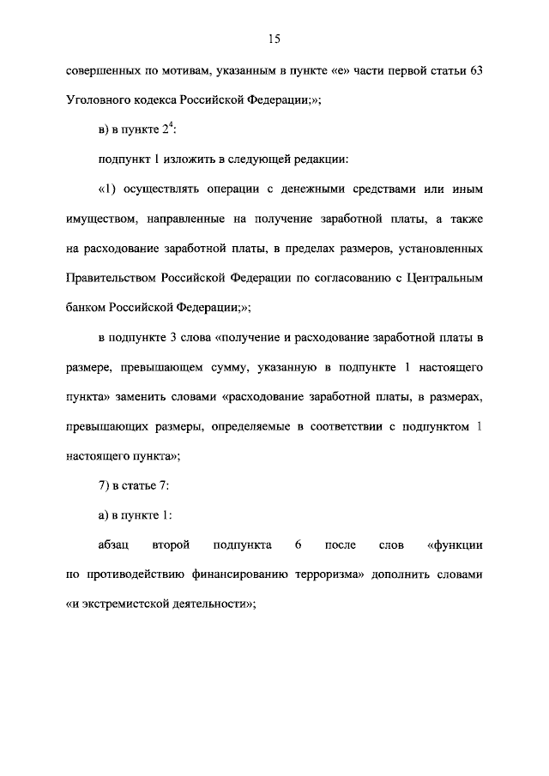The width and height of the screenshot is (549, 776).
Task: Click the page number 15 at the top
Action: (x=274, y=38)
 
